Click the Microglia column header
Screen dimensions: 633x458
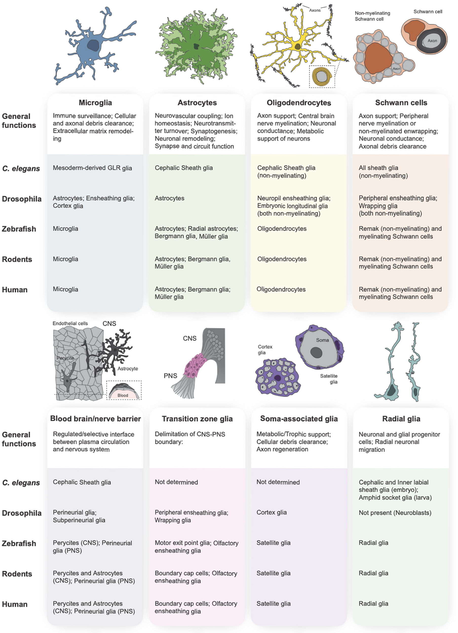tap(95, 103)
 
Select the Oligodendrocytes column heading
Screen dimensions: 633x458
tap(299, 103)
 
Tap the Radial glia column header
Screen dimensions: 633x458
tap(401, 419)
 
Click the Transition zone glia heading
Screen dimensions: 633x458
tap(197, 419)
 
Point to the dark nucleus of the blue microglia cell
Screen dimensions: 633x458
tap(93, 45)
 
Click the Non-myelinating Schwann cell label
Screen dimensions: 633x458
tap(372, 16)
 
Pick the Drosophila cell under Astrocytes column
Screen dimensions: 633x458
tap(169, 199)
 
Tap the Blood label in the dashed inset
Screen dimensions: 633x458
tap(123, 395)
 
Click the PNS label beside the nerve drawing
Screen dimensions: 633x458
tap(170, 376)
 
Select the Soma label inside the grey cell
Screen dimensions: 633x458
tap(322, 340)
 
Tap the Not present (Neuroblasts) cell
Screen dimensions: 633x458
tap(395, 513)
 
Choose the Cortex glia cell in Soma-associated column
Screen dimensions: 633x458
tap(272, 512)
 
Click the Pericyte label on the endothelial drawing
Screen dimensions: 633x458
tap(65, 358)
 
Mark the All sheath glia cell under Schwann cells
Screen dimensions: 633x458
tap(383, 172)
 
